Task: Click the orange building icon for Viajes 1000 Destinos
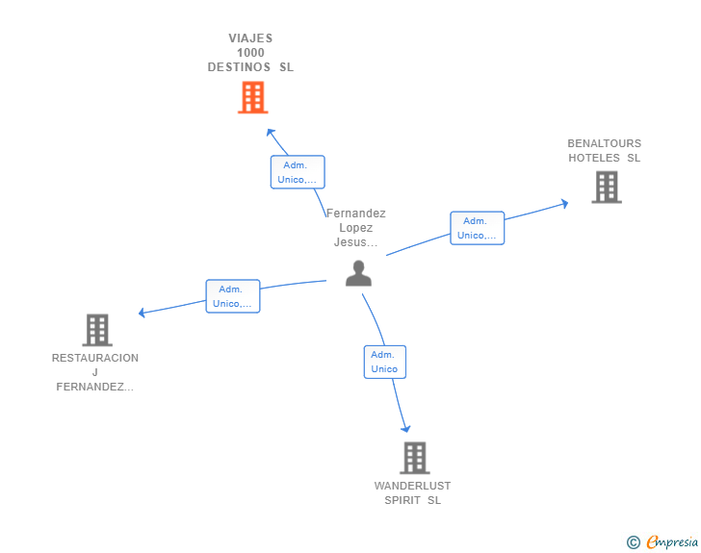pyautogui.click(x=252, y=97)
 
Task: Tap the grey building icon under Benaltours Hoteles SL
pyautogui.click(x=607, y=188)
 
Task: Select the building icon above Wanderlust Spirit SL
pyautogui.click(x=414, y=458)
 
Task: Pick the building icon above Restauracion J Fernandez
pyautogui.click(x=97, y=330)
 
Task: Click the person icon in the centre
pyautogui.click(x=358, y=273)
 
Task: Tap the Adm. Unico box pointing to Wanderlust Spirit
pyautogui.click(x=384, y=362)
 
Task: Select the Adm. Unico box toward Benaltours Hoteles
pyautogui.click(x=477, y=228)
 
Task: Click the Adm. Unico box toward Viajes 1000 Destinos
pyautogui.click(x=298, y=172)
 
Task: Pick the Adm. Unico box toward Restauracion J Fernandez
pyautogui.click(x=232, y=296)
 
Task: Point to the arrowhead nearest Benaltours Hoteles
pyautogui.click(x=565, y=204)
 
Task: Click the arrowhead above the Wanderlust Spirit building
pyautogui.click(x=406, y=429)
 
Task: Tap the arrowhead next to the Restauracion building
pyautogui.click(x=142, y=313)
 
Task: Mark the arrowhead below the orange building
pyautogui.click(x=270, y=132)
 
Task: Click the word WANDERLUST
pyautogui.click(x=412, y=486)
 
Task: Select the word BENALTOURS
pyautogui.click(x=604, y=143)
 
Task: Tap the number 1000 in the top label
pyautogui.click(x=250, y=53)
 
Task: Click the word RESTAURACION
pyautogui.click(x=95, y=358)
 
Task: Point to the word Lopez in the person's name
pyautogui.click(x=356, y=228)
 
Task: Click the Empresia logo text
pyautogui.click(x=672, y=541)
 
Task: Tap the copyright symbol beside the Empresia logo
pyautogui.click(x=634, y=542)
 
